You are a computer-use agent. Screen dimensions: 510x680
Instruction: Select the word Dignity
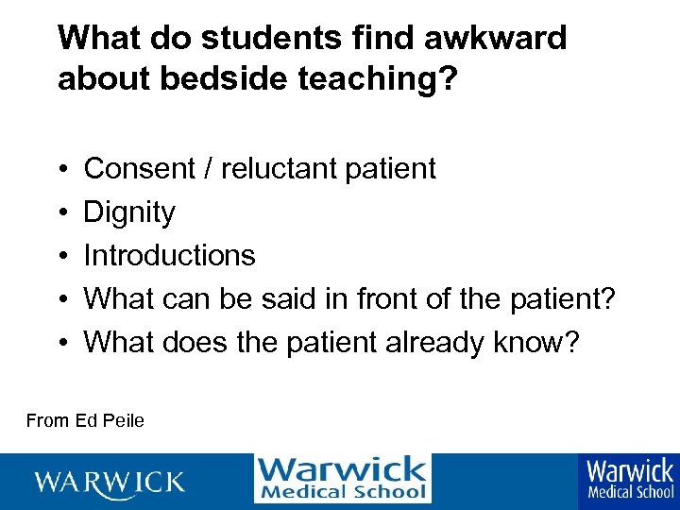click(129, 212)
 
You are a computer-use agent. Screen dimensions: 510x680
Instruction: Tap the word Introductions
click(170, 255)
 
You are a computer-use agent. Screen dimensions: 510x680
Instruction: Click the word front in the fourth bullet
click(393, 298)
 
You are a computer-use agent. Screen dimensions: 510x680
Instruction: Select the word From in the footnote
click(45, 420)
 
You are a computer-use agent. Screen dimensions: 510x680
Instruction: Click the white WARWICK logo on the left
click(110, 483)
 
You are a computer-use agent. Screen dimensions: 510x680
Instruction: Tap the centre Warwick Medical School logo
click(342, 479)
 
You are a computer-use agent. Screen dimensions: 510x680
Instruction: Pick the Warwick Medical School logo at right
click(630, 480)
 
